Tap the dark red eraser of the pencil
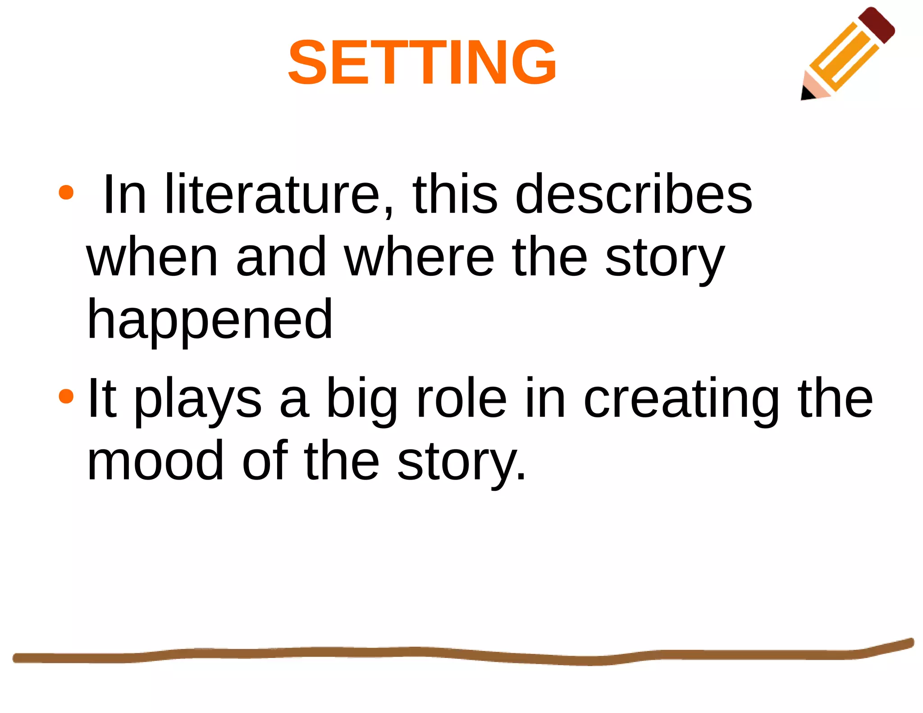click(877, 25)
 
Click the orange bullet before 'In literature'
click(66, 192)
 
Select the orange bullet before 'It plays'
click(66, 396)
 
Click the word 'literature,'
click(279, 195)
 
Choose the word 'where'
click(419, 257)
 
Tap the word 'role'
click(461, 398)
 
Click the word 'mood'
click(155, 461)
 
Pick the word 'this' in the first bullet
click(455, 195)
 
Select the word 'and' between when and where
click(281, 257)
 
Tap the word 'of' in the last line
click(265, 461)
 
